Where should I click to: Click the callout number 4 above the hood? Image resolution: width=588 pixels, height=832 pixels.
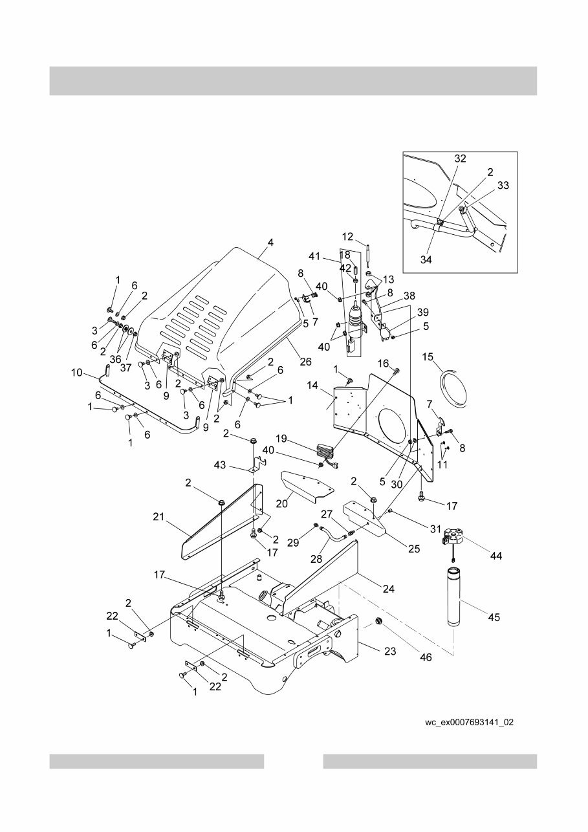tap(270, 243)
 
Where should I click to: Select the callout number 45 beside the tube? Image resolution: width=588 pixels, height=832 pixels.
tap(493, 617)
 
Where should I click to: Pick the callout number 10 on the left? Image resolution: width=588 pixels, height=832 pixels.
tap(77, 373)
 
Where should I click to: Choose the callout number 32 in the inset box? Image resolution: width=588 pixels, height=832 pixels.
tap(460, 159)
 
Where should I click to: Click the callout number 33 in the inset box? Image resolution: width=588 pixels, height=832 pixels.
tap(503, 185)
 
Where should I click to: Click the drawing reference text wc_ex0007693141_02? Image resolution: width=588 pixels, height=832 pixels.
tap(469, 722)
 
